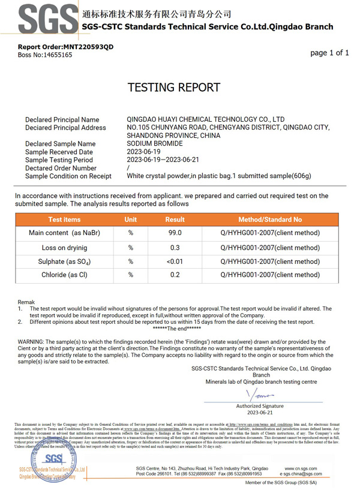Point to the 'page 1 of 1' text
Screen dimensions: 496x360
click(x=329, y=53)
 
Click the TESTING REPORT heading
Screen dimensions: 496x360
click(x=179, y=88)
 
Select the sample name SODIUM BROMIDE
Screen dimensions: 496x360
click(x=155, y=144)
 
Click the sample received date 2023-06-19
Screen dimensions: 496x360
click(x=145, y=152)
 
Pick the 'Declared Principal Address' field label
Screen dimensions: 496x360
click(x=65, y=128)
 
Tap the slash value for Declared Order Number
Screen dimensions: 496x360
click(x=129, y=169)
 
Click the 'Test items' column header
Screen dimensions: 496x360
click(x=64, y=220)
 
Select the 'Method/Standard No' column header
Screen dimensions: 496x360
click(x=270, y=220)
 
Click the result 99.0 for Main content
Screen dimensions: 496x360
click(x=175, y=233)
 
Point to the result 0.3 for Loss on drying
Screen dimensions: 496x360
click(x=175, y=247)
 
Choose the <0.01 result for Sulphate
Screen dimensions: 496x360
click(x=175, y=261)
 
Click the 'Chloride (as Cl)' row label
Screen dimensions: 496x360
click(x=64, y=275)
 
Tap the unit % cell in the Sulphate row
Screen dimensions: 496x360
click(x=130, y=261)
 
